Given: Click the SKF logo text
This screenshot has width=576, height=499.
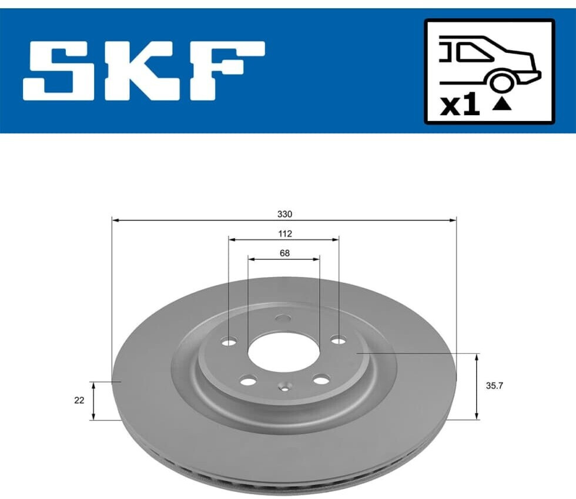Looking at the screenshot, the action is click(144, 71).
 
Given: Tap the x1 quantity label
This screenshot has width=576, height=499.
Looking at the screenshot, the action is click(460, 105).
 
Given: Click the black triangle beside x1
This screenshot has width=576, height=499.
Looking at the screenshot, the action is click(502, 105).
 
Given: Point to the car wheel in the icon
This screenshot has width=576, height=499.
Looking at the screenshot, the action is click(500, 82).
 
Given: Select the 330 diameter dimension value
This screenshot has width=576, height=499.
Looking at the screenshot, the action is click(284, 214).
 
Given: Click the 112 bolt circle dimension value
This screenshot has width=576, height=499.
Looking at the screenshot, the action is click(284, 234).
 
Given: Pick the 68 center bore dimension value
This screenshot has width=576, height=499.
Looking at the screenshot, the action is click(284, 253).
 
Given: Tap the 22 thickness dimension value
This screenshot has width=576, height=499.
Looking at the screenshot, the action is click(79, 400).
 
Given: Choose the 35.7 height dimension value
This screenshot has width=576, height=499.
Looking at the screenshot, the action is click(494, 386).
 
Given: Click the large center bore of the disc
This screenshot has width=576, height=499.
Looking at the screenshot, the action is click(284, 352).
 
